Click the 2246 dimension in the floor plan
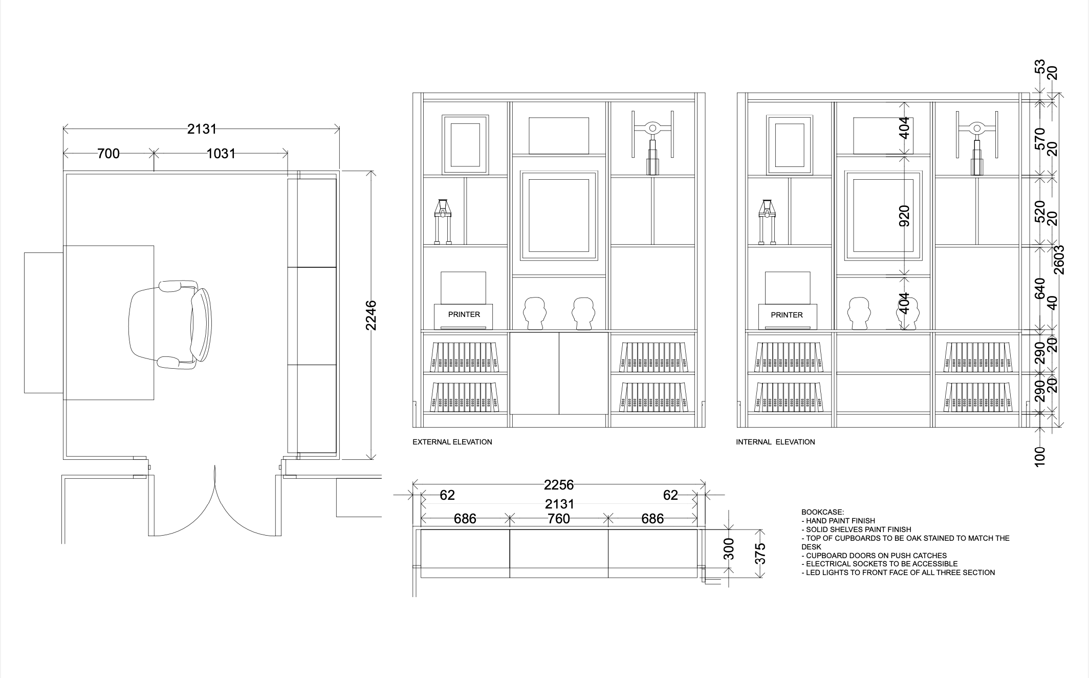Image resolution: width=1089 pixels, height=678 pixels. coord(371,315)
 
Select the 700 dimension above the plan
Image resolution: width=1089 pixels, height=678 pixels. coord(108,153)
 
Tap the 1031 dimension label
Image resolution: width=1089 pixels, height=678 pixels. coord(221,153)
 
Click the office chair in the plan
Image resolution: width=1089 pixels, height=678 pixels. coord(170,324)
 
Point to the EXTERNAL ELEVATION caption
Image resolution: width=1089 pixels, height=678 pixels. coord(452,442)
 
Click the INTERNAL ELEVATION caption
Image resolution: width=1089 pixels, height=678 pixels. coord(775,442)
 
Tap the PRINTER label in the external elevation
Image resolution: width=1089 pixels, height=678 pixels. coord(464,314)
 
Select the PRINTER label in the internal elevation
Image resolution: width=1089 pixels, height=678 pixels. coord(787,315)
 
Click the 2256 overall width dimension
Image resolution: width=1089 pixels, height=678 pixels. coord(559,484)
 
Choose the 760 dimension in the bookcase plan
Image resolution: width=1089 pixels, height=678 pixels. coord(558,519)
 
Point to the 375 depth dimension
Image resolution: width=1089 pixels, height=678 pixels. coord(760,553)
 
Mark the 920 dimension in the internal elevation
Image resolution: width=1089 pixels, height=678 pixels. coord(904,216)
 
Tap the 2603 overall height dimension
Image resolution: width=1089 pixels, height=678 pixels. coord(1059,260)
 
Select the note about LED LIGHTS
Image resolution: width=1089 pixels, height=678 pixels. coord(898,573)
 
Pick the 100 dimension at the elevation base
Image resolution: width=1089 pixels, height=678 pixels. coord(1040,457)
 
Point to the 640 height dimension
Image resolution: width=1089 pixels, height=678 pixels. coord(1040,288)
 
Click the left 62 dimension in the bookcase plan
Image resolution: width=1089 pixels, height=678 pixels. coord(447,495)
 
